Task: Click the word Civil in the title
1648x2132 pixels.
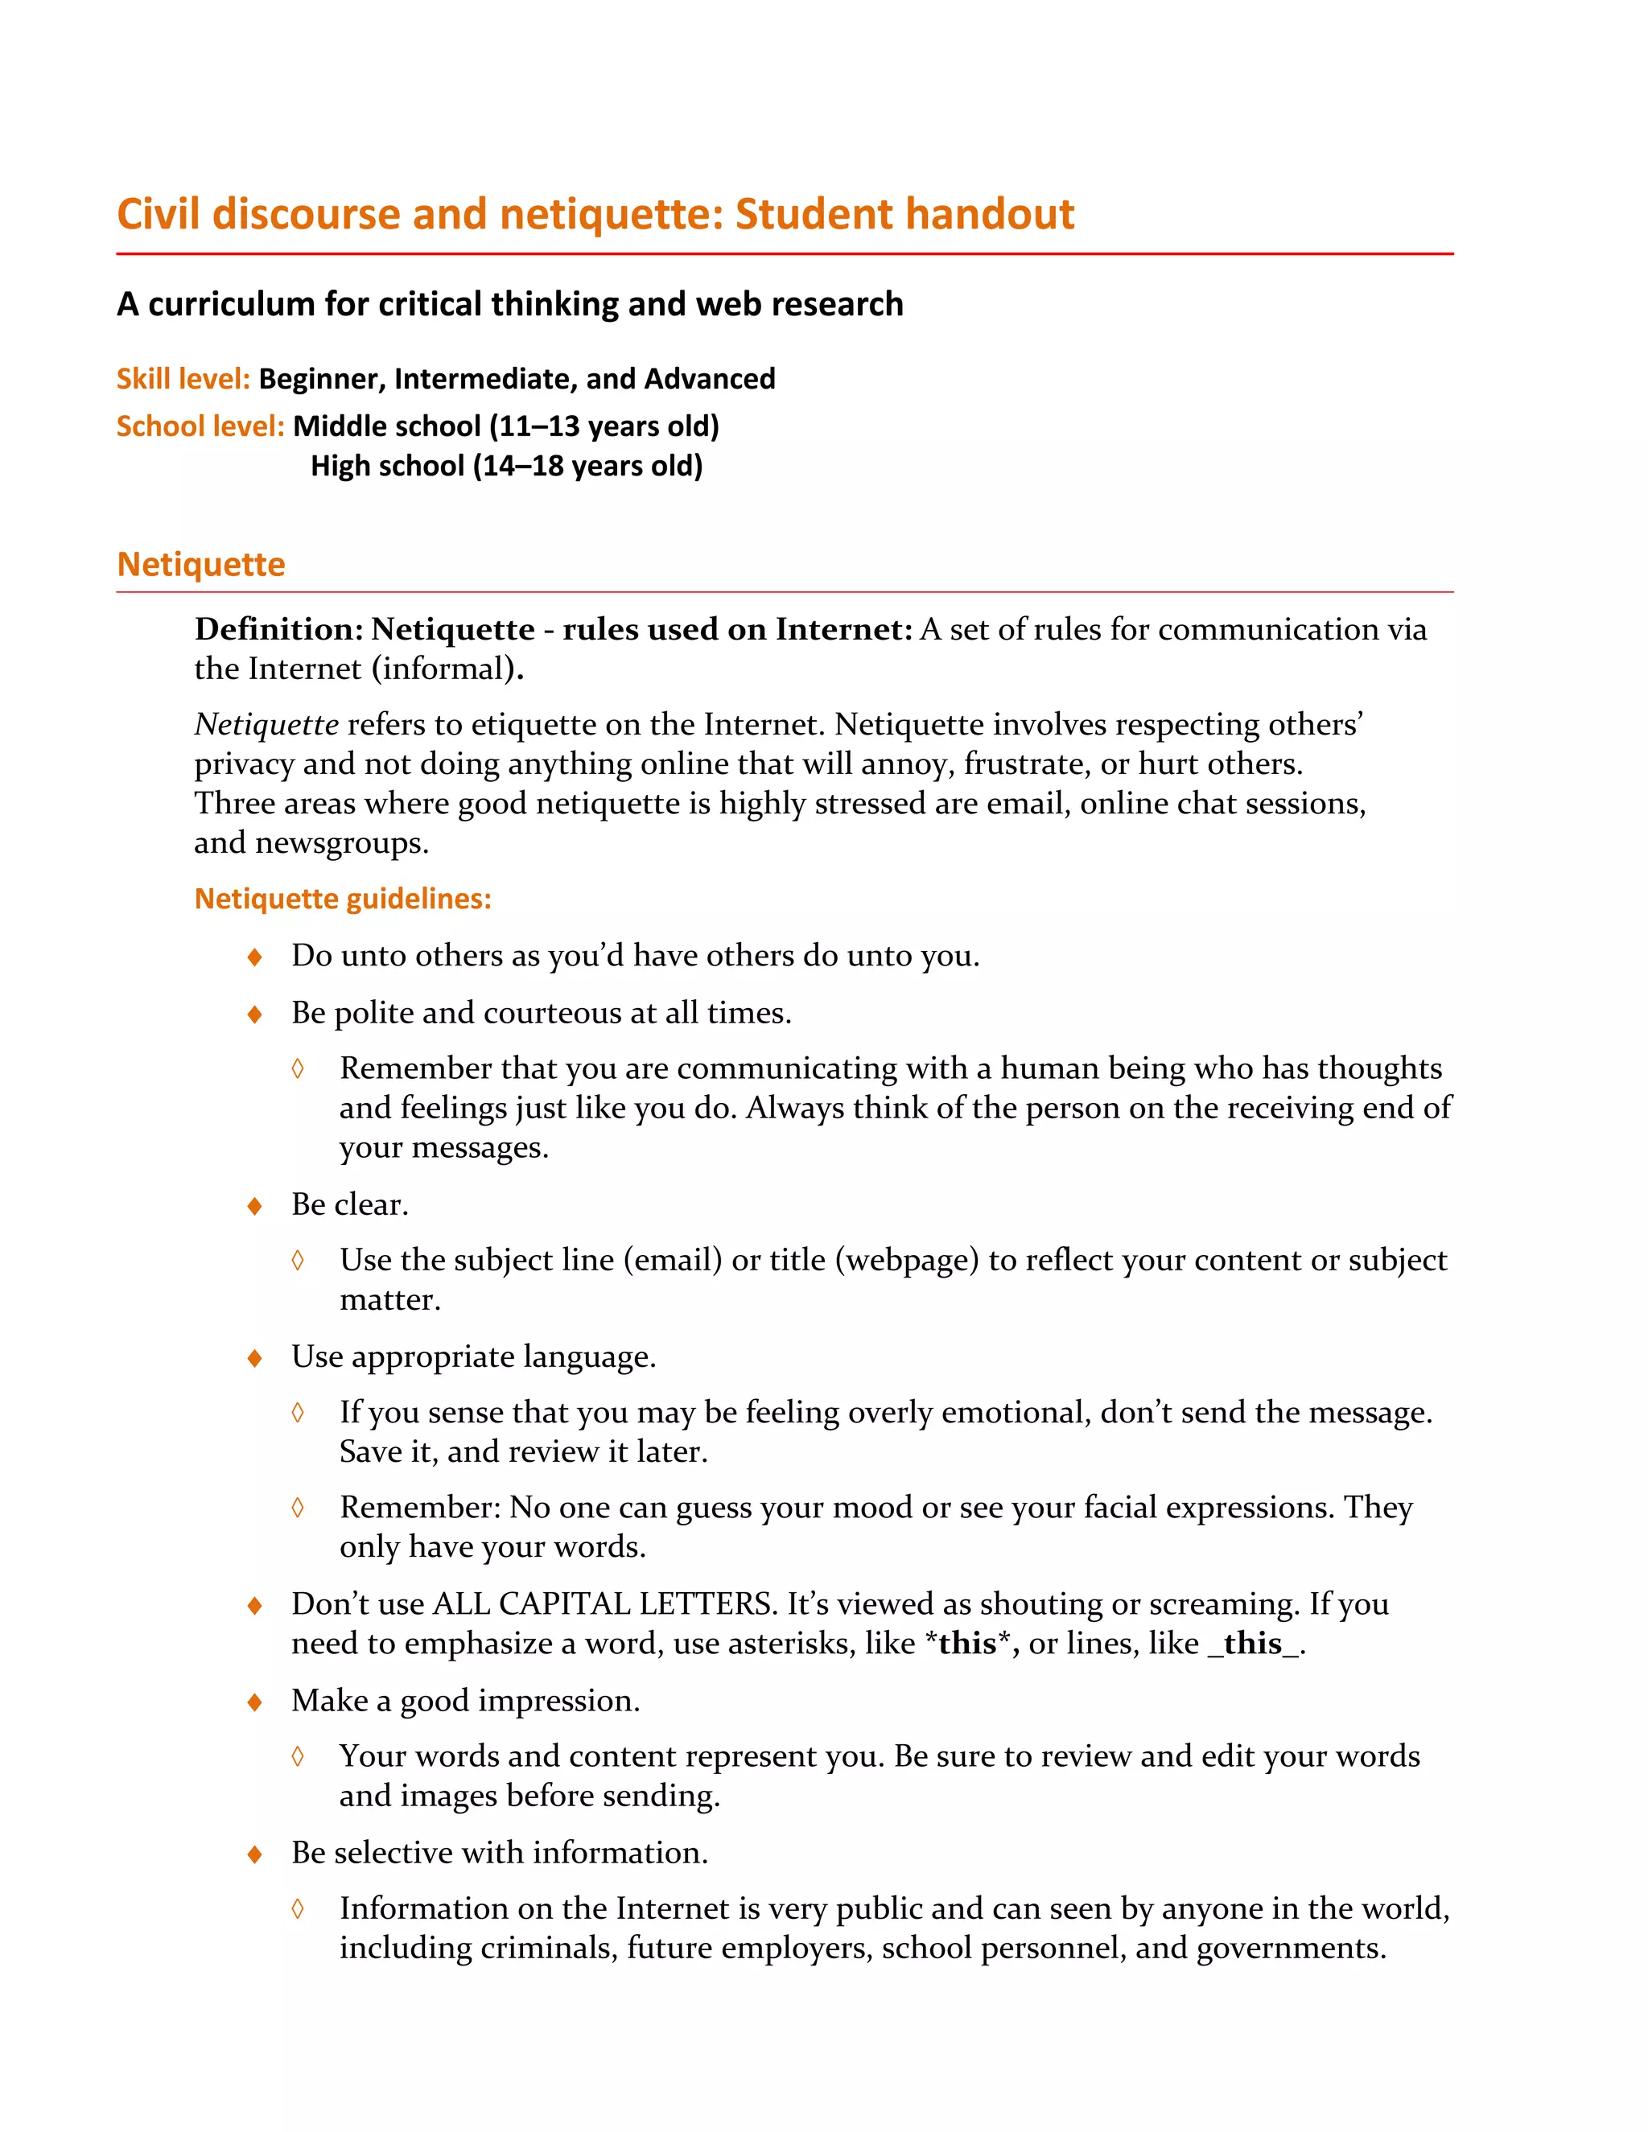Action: (x=159, y=214)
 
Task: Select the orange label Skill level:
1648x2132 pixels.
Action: (x=183, y=379)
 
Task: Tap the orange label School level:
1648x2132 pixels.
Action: (x=200, y=426)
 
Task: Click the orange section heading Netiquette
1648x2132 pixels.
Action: (x=201, y=564)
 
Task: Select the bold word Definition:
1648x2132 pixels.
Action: (x=278, y=630)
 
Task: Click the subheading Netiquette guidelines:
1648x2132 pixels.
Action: (x=343, y=898)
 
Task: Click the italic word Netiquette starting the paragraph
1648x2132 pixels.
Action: (x=266, y=724)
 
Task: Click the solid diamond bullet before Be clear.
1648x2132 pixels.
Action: (x=255, y=1207)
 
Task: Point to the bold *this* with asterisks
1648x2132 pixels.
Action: (x=966, y=1644)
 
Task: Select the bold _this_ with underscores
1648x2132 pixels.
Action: (x=1254, y=1644)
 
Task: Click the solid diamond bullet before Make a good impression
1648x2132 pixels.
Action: (x=255, y=1702)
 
